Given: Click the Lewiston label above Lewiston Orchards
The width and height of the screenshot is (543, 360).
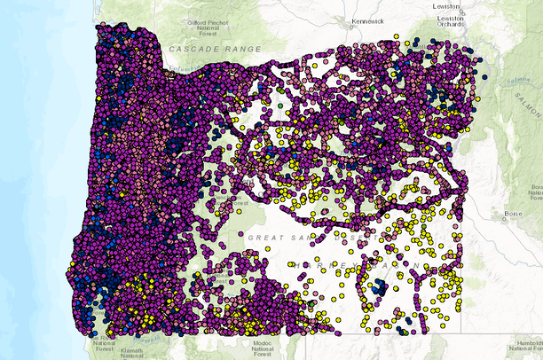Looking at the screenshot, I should point(445,6).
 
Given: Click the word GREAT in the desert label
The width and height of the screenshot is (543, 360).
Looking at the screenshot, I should point(267,238).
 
